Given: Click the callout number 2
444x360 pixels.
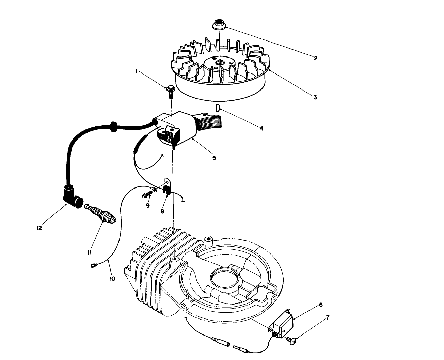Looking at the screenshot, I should [x=316, y=58].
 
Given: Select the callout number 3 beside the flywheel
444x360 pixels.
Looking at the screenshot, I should [x=315, y=97].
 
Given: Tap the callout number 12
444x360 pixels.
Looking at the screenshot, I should [x=39, y=228].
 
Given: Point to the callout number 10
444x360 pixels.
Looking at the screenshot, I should [x=113, y=278].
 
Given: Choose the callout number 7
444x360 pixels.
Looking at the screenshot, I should [x=328, y=318].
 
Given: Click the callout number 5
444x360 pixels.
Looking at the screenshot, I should [x=214, y=158].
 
